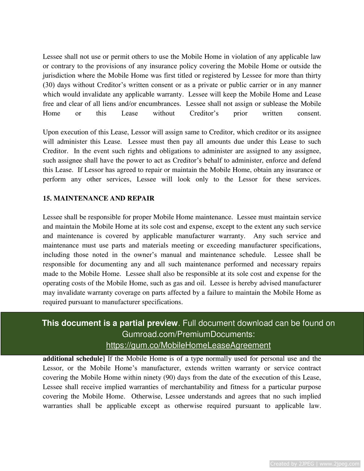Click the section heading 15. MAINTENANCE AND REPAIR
pos(99,198)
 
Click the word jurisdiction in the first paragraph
pos(59,76)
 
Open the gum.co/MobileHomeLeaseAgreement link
pos(188,345)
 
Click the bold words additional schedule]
pos(74,359)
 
